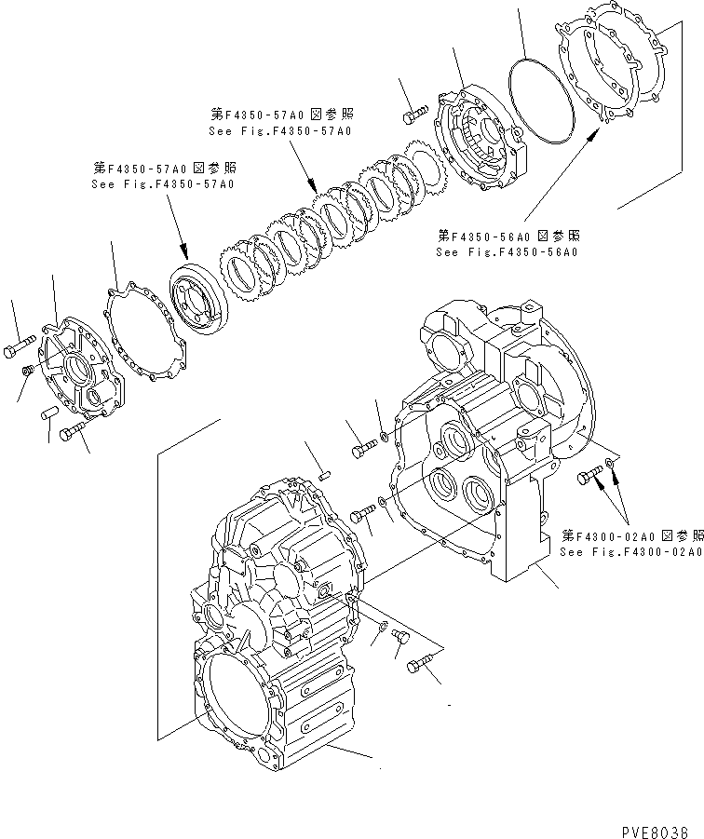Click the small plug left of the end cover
coord(29,372)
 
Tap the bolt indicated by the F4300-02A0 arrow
coord(588,477)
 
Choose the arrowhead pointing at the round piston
coord(186,252)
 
